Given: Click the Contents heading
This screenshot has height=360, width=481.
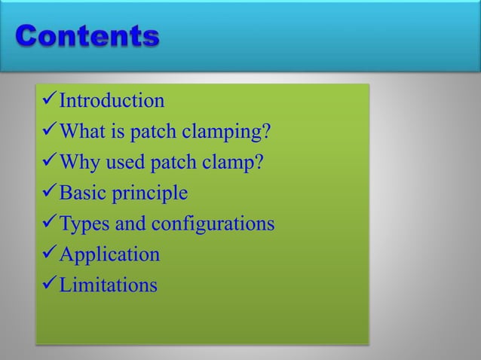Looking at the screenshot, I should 87,36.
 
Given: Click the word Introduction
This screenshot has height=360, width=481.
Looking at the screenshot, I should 112,101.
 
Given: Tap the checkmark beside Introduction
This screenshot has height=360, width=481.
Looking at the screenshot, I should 49,101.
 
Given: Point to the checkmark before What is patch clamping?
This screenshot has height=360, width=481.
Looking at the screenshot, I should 49,132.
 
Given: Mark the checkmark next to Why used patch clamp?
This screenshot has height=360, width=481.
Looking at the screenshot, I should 49,163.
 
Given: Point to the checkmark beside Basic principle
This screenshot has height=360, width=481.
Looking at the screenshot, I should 49,194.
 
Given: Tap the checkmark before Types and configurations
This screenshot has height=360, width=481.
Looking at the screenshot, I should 49,224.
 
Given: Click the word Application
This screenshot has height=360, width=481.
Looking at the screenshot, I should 109,255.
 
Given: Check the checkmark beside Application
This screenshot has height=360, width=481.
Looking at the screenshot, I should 49,255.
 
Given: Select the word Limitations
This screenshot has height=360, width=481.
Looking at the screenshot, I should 109,285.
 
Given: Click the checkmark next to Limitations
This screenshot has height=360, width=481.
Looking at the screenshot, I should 49,285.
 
